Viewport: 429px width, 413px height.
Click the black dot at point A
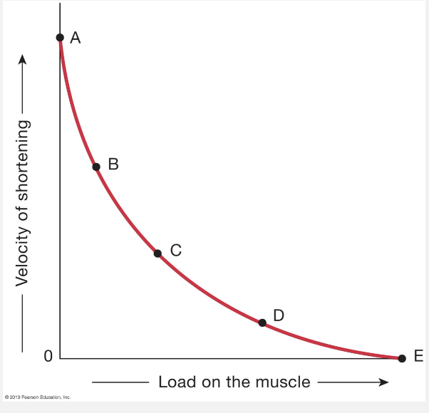tap(61, 37)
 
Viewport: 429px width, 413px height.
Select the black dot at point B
tap(96, 167)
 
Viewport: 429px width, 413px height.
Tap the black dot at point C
tap(157, 253)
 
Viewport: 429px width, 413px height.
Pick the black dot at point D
tap(262, 323)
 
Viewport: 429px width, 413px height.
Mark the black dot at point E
tap(402, 358)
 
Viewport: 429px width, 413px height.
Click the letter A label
tap(76, 39)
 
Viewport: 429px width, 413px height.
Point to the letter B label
tap(113, 164)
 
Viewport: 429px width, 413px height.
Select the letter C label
tap(175, 250)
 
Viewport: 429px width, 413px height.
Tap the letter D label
tap(279, 315)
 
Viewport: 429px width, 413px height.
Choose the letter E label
tap(419, 357)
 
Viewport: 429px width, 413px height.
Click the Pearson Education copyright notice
tap(37, 397)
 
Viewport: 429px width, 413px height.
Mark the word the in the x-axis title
tap(241, 382)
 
